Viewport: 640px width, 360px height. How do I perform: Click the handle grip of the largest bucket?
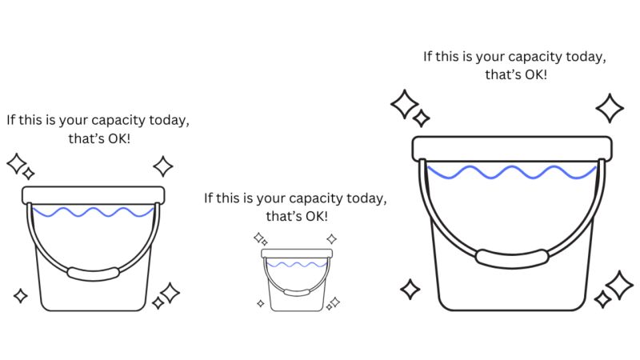coord(512,258)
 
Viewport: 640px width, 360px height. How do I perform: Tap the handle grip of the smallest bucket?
coord(297,292)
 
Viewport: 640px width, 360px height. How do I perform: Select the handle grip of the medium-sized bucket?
coord(94,274)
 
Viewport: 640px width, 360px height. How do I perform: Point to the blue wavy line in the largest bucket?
coord(512,172)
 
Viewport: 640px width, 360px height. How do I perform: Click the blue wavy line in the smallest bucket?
coord(297,265)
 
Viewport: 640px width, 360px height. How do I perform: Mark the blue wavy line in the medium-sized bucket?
coord(94,212)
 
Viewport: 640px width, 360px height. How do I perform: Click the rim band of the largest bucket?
coord(512,149)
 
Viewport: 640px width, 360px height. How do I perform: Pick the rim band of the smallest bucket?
coord(297,254)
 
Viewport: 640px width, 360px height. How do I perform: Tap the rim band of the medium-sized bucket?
coord(94,195)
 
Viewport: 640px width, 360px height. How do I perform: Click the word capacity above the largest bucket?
coord(531,57)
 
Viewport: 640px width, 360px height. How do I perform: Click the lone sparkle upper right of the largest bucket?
coord(610,108)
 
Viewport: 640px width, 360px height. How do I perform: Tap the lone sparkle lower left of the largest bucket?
coord(410,290)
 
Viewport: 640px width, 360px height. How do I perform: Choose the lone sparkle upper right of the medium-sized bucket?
coord(163,166)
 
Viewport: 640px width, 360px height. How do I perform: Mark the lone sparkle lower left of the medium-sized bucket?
coord(21,295)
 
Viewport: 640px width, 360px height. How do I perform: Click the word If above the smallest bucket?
coord(208,198)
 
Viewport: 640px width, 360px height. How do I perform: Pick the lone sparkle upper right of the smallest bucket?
coord(331,238)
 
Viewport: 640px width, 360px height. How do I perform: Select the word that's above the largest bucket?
coord(502,74)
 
